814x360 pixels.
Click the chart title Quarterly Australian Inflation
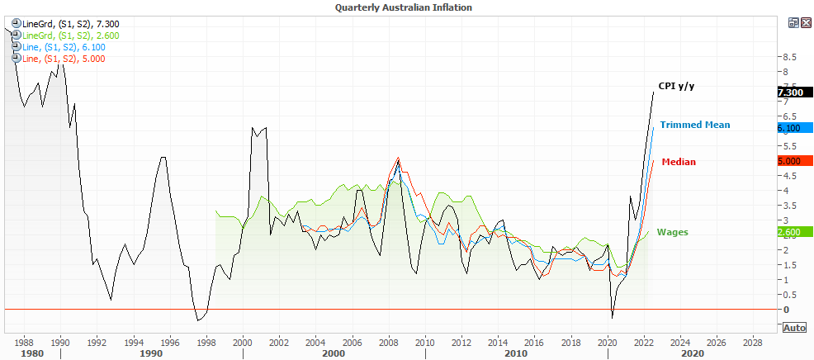404,7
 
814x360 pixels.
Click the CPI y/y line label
678,85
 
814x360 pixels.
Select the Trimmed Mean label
694,125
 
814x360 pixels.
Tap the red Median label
679,162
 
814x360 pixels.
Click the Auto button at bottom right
794,328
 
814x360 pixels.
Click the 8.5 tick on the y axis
789,57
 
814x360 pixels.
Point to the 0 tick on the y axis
786,310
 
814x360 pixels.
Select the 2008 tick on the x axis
387,341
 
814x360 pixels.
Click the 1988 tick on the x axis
23,341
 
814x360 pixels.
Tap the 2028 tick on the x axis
752,341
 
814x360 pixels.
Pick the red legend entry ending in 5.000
63,59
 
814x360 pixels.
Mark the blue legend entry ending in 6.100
63,47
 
